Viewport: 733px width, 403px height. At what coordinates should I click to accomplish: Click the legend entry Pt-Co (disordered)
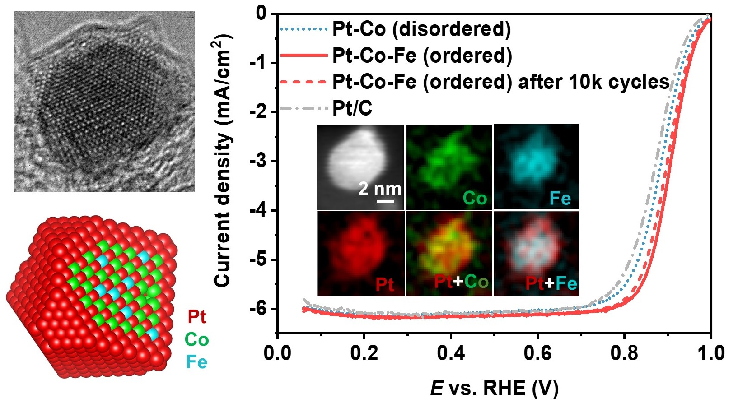pos(421,29)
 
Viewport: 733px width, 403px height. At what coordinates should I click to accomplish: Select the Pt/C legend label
pos(352,109)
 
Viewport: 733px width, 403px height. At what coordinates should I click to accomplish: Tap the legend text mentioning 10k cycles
pos(500,82)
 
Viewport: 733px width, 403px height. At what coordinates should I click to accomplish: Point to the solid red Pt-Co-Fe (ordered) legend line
pos(303,56)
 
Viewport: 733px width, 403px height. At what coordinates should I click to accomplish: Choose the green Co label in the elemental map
pos(475,199)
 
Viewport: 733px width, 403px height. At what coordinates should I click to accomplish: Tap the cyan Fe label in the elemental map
pos(560,199)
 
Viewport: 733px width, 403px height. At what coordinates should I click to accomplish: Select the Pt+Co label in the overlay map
pos(461,282)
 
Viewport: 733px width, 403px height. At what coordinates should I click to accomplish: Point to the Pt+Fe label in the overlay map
pos(551,283)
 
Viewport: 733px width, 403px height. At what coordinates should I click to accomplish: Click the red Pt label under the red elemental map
pos(385,285)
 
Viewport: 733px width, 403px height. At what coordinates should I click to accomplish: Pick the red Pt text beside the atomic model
pos(197,317)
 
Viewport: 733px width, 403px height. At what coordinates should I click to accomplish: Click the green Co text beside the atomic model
pos(197,339)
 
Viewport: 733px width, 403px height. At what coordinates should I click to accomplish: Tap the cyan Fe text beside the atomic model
pos(197,362)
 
